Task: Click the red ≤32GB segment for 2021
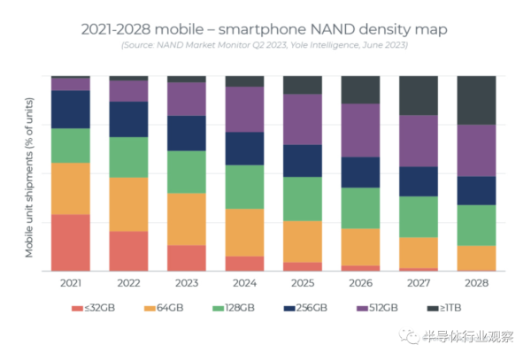click(x=70, y=242)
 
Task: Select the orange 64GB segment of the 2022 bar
click(x=128, y=204)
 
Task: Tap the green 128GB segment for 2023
click(x=187, y=172)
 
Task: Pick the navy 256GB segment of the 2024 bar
click(x=244, y=149)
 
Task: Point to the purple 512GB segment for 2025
click(x=303, y=119)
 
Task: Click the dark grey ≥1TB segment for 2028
click(x=476, y=100)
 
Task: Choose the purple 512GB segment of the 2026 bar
click(x=360, y=130)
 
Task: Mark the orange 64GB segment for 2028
click(x=476, y=257)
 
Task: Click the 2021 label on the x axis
click(x=70, y=284)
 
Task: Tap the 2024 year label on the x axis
click(x=244, y=284)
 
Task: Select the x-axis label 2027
click(x=419, y=284)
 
